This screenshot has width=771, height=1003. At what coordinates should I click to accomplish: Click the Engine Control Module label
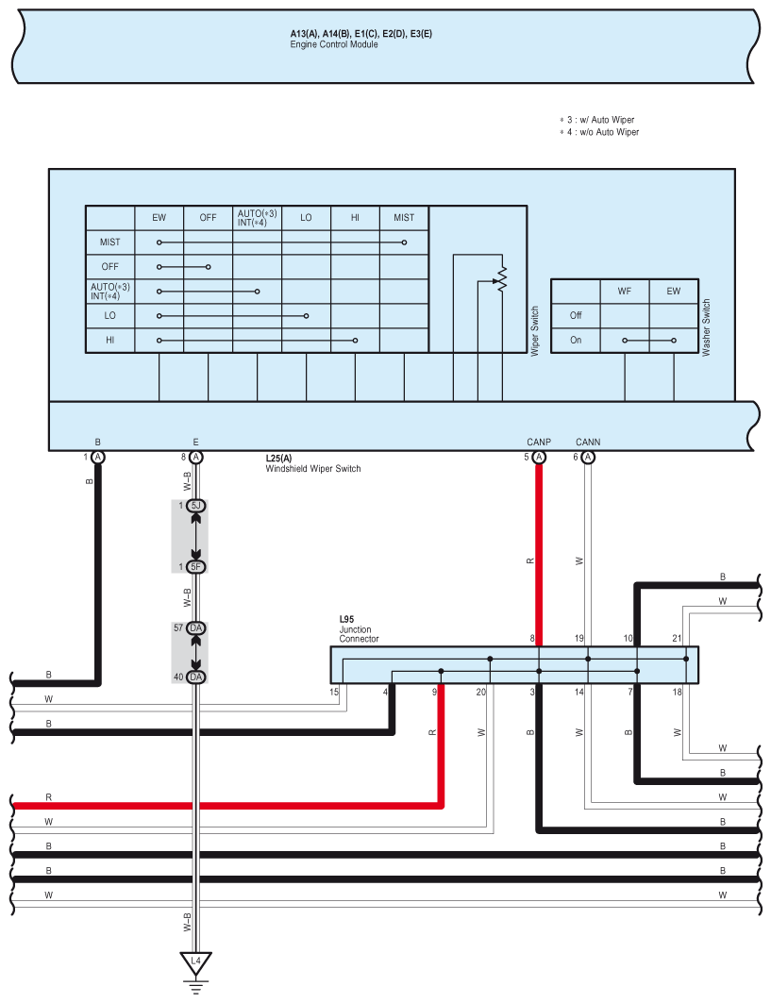(x=333, y=44)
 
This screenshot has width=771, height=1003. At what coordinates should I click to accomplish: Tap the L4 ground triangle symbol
(x=195, y=961)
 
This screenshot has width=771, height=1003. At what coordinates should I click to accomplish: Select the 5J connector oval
(x=195, y=506)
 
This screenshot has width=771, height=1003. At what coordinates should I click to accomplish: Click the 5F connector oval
(x=195, y=567)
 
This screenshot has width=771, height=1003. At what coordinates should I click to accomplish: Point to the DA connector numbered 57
(x=195, y=628)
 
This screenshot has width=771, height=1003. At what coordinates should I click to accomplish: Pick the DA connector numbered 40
(x=195, y=677)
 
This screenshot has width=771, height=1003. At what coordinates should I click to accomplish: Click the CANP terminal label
(x=539, y=442)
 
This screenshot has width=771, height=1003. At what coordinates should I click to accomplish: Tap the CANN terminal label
(x=588, y=442)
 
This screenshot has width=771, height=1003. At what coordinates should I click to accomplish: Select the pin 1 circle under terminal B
(x=98, y=457)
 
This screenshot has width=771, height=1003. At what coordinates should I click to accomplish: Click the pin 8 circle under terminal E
(x=195, y=457)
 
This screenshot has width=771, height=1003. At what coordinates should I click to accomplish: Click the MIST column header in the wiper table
(x=404, y=217)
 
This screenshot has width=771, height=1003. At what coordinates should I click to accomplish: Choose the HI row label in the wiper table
(x=110, y=341)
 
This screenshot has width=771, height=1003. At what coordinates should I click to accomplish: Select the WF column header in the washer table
(x=625, y=291)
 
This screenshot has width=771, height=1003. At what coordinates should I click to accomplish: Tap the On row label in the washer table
(x=576, y=341)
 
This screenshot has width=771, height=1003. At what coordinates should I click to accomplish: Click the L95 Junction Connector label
(x=359, y=628)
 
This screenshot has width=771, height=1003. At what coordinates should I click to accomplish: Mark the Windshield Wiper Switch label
(x=313, y=468)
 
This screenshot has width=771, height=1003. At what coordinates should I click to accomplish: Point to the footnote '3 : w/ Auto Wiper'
(x=597, y=120)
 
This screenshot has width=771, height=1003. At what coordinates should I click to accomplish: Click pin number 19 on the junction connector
(x=579, y=638)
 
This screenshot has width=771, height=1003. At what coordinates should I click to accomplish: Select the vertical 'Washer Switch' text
(x=707, y=327)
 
